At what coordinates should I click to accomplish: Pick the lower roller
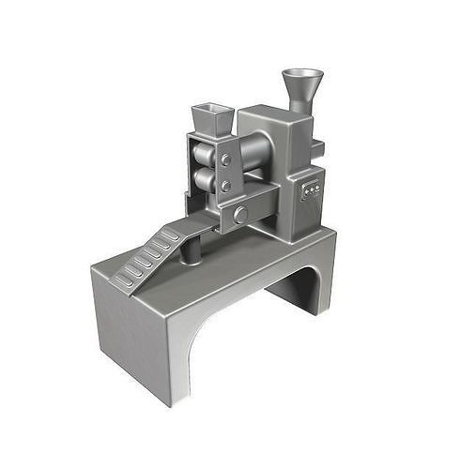click(x=203, y=178)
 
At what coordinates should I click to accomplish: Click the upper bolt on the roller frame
click(x=225, y=160)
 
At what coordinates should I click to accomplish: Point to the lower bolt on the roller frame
click(x=225, y=185)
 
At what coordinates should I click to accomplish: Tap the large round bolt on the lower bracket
click(x=241, y=215)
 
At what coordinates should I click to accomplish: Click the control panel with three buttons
click(x=311, y=190)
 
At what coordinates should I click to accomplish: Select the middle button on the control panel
click(x=311, y=190)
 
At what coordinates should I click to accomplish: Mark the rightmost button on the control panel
click(x=317, y=189)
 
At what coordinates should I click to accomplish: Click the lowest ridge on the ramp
click(x=123, y=279)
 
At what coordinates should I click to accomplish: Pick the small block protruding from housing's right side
click(x=320, y=147)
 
